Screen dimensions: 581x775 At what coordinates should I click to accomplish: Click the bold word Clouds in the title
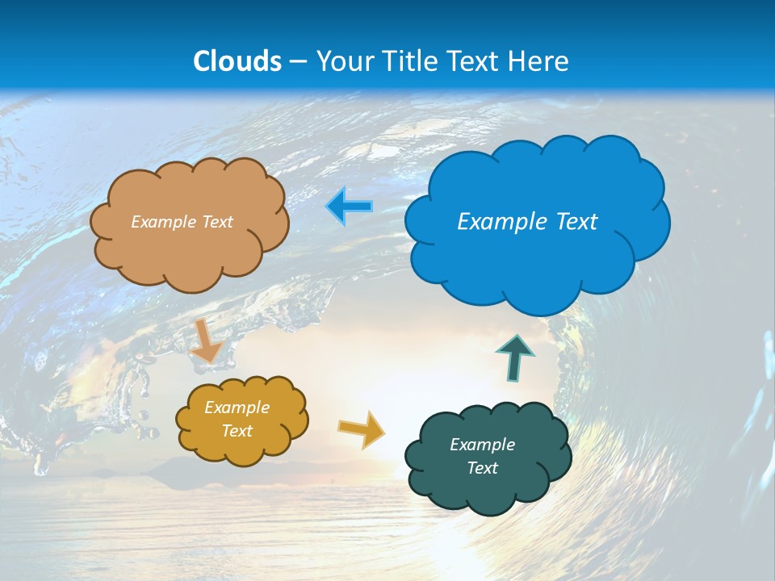(237, 61)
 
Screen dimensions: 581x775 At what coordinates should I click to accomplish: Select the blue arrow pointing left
(350, 207)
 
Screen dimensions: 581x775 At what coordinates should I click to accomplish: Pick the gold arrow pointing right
(362, 429)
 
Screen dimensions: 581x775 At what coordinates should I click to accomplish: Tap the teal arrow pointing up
(515, 357)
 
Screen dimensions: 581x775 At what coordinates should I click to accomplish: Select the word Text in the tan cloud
(216, 222)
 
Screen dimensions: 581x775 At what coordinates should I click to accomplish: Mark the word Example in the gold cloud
(237, 408)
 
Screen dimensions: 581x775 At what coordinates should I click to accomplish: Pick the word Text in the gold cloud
(237, 431)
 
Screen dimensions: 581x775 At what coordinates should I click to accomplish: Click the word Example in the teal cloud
(482, 445)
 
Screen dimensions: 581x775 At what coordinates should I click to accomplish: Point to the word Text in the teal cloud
(482, 468)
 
